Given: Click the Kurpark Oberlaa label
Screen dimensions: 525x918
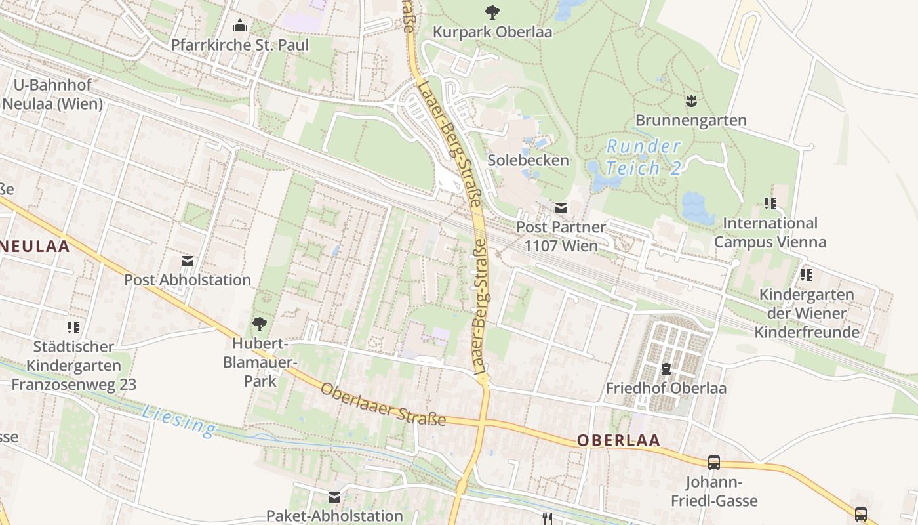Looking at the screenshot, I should coord(493,31).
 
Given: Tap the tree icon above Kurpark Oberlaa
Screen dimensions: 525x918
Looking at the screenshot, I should coord(492,12).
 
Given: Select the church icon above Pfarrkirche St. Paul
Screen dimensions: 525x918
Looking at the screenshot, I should coord(239,26).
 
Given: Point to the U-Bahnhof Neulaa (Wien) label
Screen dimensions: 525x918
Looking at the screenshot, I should coord(52,94).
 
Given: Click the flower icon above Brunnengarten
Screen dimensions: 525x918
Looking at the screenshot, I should coord(690,101).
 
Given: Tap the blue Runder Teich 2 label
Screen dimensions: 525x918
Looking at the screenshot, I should coord(643,157).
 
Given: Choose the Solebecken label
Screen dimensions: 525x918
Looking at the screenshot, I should coord(528,160).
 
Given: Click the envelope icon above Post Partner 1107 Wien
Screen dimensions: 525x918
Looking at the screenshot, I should coord(561,208).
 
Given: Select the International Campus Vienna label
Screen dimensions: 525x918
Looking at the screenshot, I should coord(770,232).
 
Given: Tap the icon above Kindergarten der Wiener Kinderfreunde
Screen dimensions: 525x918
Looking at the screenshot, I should coord(806,274).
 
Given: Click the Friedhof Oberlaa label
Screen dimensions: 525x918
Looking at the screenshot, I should coord(666,388).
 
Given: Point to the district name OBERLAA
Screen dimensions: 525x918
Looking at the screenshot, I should coord(618,440).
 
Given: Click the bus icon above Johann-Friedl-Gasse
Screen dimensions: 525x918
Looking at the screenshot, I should coord(714,463).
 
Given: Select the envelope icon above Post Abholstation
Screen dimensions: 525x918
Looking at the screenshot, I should coord(188,261).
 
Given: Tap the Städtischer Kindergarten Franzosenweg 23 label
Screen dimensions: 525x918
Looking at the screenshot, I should coord(73,365).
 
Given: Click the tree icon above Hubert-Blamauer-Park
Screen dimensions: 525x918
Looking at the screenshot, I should coord(260,324).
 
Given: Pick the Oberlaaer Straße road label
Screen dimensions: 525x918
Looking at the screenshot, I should coord(383,404).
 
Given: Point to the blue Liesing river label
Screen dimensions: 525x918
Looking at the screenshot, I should coord(178,421).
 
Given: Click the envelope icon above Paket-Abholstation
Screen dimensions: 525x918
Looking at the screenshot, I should coord(334,497).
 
